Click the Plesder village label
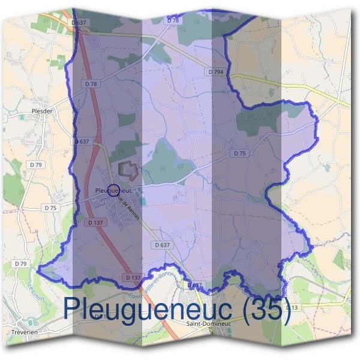click(44, 111)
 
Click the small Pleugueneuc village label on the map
click(113, 190)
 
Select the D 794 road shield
click(217, 71)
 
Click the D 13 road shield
click(291, 308)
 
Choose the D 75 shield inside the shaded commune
click(240, 154)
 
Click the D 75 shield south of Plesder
click(50, 208)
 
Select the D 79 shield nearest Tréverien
click(20, 263)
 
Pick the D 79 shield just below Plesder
click(36, 164)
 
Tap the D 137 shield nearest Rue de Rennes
click(95, 222)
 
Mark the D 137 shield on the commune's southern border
click(133, 277)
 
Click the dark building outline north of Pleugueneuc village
click(128, 169)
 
